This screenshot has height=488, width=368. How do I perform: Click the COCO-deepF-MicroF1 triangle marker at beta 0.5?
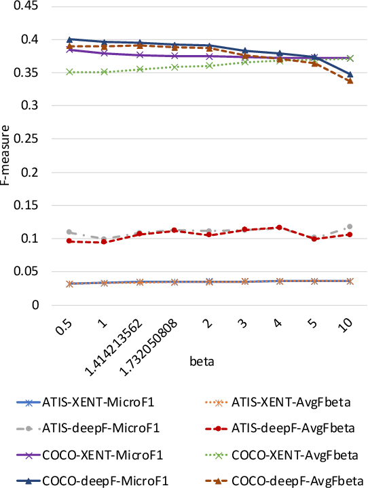69,39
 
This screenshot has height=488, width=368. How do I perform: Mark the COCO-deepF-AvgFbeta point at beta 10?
350,81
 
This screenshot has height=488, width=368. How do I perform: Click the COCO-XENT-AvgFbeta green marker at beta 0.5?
69,72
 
